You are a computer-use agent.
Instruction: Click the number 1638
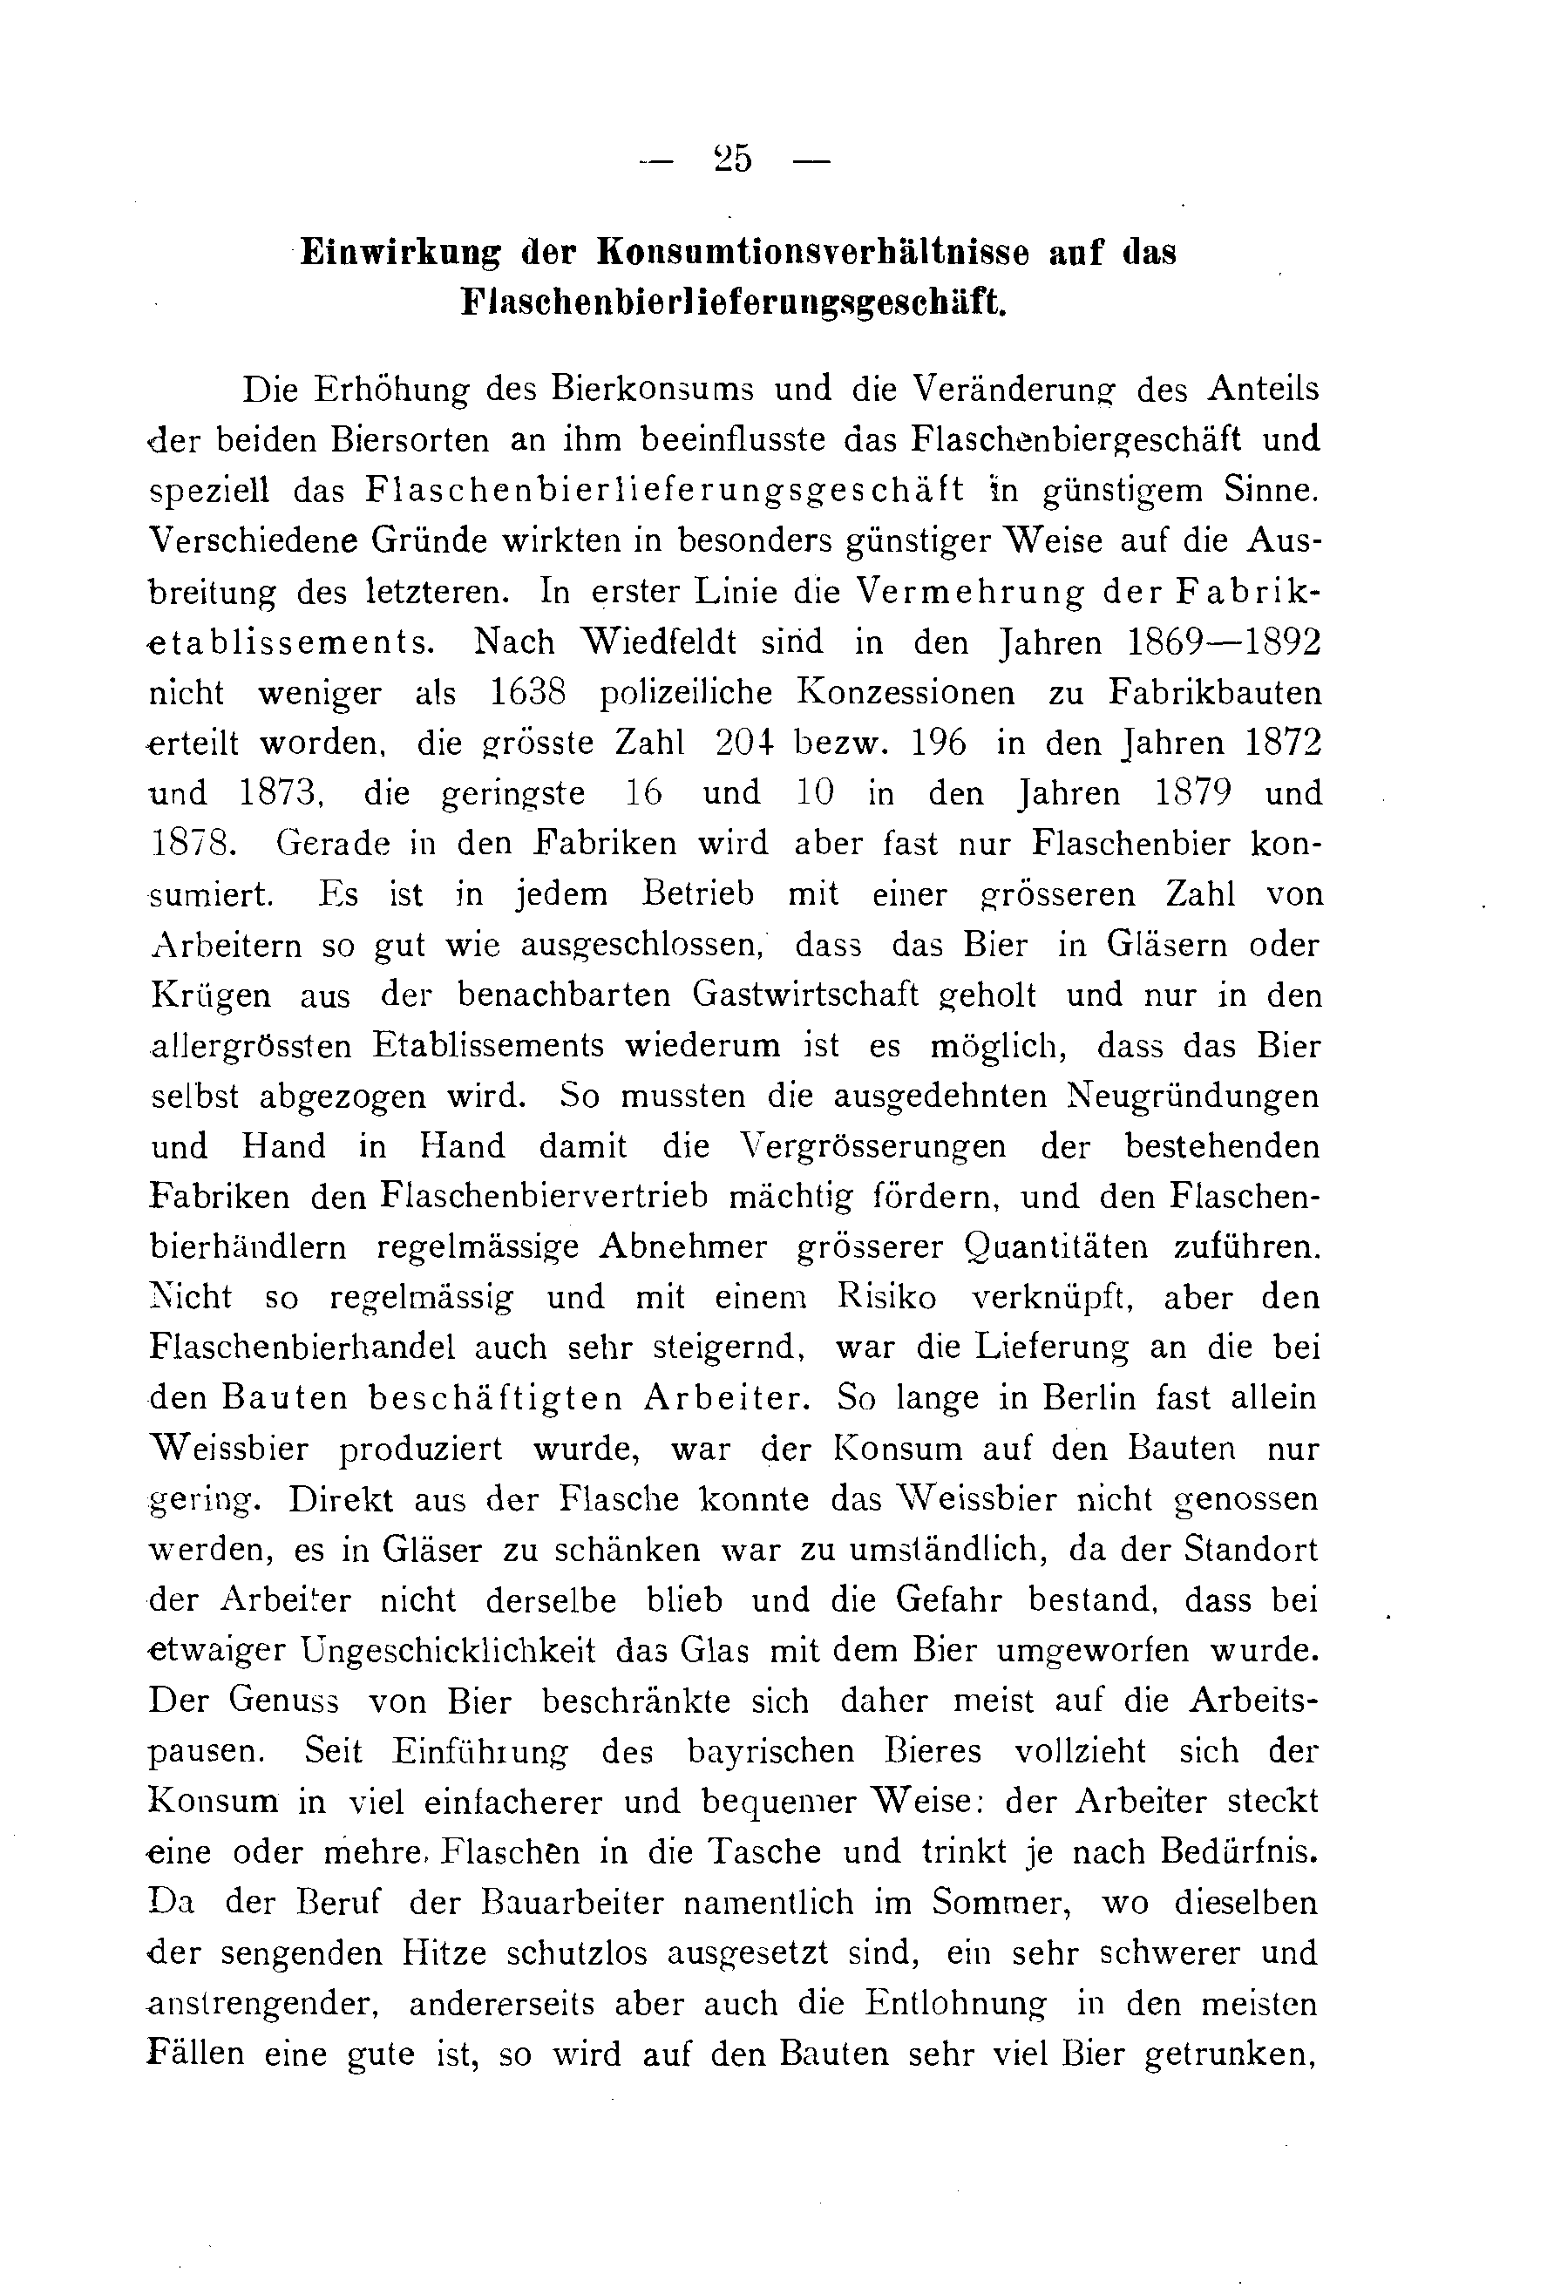(528, 694)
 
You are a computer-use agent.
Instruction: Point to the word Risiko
(887, 1298)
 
